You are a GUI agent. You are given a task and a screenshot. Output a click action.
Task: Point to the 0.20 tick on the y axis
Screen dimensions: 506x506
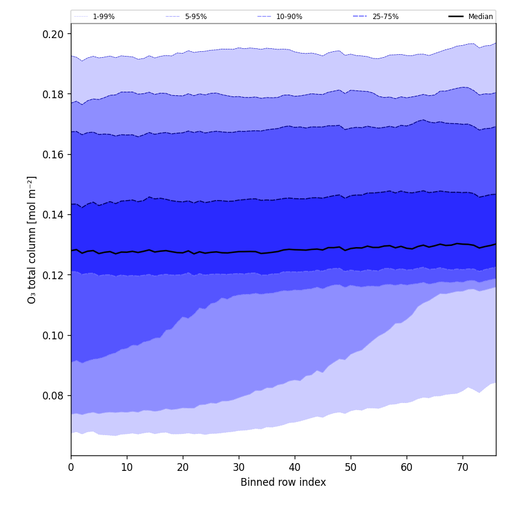click(53, 34)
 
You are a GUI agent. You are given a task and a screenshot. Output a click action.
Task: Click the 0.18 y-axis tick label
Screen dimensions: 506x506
click(53, 94)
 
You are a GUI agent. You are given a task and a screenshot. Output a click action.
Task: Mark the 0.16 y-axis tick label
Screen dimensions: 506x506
click(53, 154)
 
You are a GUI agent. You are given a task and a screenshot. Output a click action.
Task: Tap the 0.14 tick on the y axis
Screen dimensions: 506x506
click(53, 215)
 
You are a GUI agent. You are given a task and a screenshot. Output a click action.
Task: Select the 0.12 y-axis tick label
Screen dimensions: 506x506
click(53, 275)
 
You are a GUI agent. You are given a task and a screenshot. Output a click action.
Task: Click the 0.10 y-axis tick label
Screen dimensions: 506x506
click(53, 335)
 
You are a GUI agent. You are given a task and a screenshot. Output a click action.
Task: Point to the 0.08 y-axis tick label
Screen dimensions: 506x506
click(53, 395)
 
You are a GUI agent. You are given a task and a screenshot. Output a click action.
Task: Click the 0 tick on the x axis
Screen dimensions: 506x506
click(71, 467)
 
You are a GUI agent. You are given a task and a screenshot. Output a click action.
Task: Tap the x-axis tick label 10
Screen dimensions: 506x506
click(127, 467)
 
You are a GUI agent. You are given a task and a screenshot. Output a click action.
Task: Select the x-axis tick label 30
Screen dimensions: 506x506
click(239, 467)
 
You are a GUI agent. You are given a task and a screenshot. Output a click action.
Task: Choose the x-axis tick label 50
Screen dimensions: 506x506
click(351, 467)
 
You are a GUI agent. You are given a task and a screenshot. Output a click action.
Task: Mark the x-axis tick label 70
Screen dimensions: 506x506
click(463, 467)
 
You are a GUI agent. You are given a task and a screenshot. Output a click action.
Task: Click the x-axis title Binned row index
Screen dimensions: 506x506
click(283, 482)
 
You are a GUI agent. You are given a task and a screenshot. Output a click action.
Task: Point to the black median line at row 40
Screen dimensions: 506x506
click(295, 249)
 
